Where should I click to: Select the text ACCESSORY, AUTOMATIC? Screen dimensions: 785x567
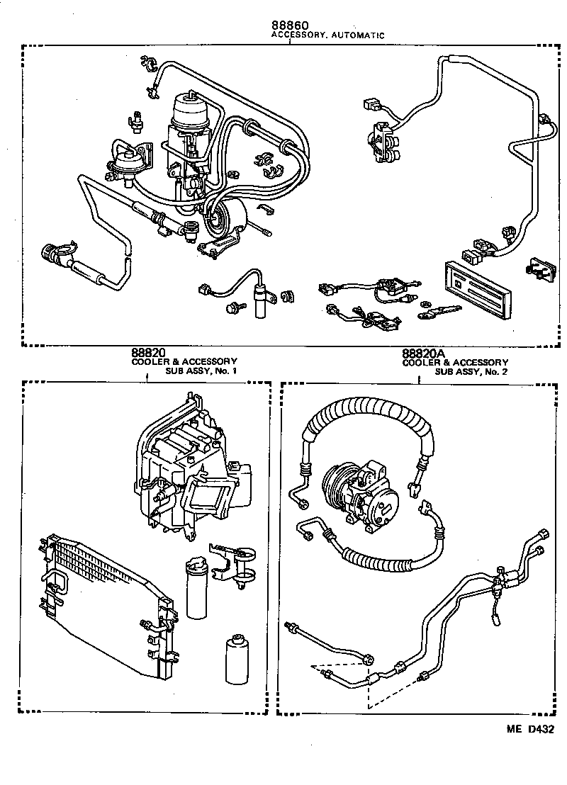click(327, 35)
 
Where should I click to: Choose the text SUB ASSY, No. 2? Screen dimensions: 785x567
click(471, 371)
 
